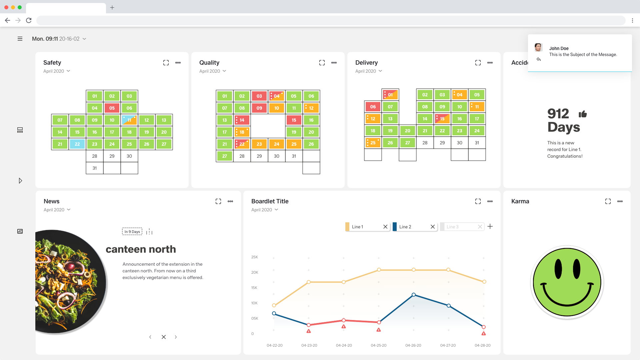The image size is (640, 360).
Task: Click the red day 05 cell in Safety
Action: click(112, 108)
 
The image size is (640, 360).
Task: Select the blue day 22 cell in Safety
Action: click(77, 144)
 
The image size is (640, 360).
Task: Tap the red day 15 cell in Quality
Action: click(294, 120)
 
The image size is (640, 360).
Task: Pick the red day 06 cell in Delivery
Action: click(373, 107)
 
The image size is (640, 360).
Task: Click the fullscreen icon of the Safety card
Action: click(166, 63)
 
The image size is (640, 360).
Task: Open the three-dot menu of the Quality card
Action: click(334, 63)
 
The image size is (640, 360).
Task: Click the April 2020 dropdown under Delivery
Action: click(369, 71)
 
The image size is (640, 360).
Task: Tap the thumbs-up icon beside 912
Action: click(583, 114)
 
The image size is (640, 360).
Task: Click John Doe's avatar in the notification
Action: click(538, 47)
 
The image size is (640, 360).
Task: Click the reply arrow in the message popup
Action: click(539, 59)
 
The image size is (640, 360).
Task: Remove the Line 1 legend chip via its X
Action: click(385, 227)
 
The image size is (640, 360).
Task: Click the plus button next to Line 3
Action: click(490, 227)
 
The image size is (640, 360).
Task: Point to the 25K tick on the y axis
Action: click(255, 257)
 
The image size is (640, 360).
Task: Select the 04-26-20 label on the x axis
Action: click(413, 345)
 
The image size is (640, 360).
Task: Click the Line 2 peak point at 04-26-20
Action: click(414, 295)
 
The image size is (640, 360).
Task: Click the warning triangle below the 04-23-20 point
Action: click(309, 331)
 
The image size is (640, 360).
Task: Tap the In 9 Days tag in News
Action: click(132, 232)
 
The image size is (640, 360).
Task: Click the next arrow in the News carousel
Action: click(176, 337)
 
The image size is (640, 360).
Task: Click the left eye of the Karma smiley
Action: click(558, 269)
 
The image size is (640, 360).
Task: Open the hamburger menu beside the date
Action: click(20, 39)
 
